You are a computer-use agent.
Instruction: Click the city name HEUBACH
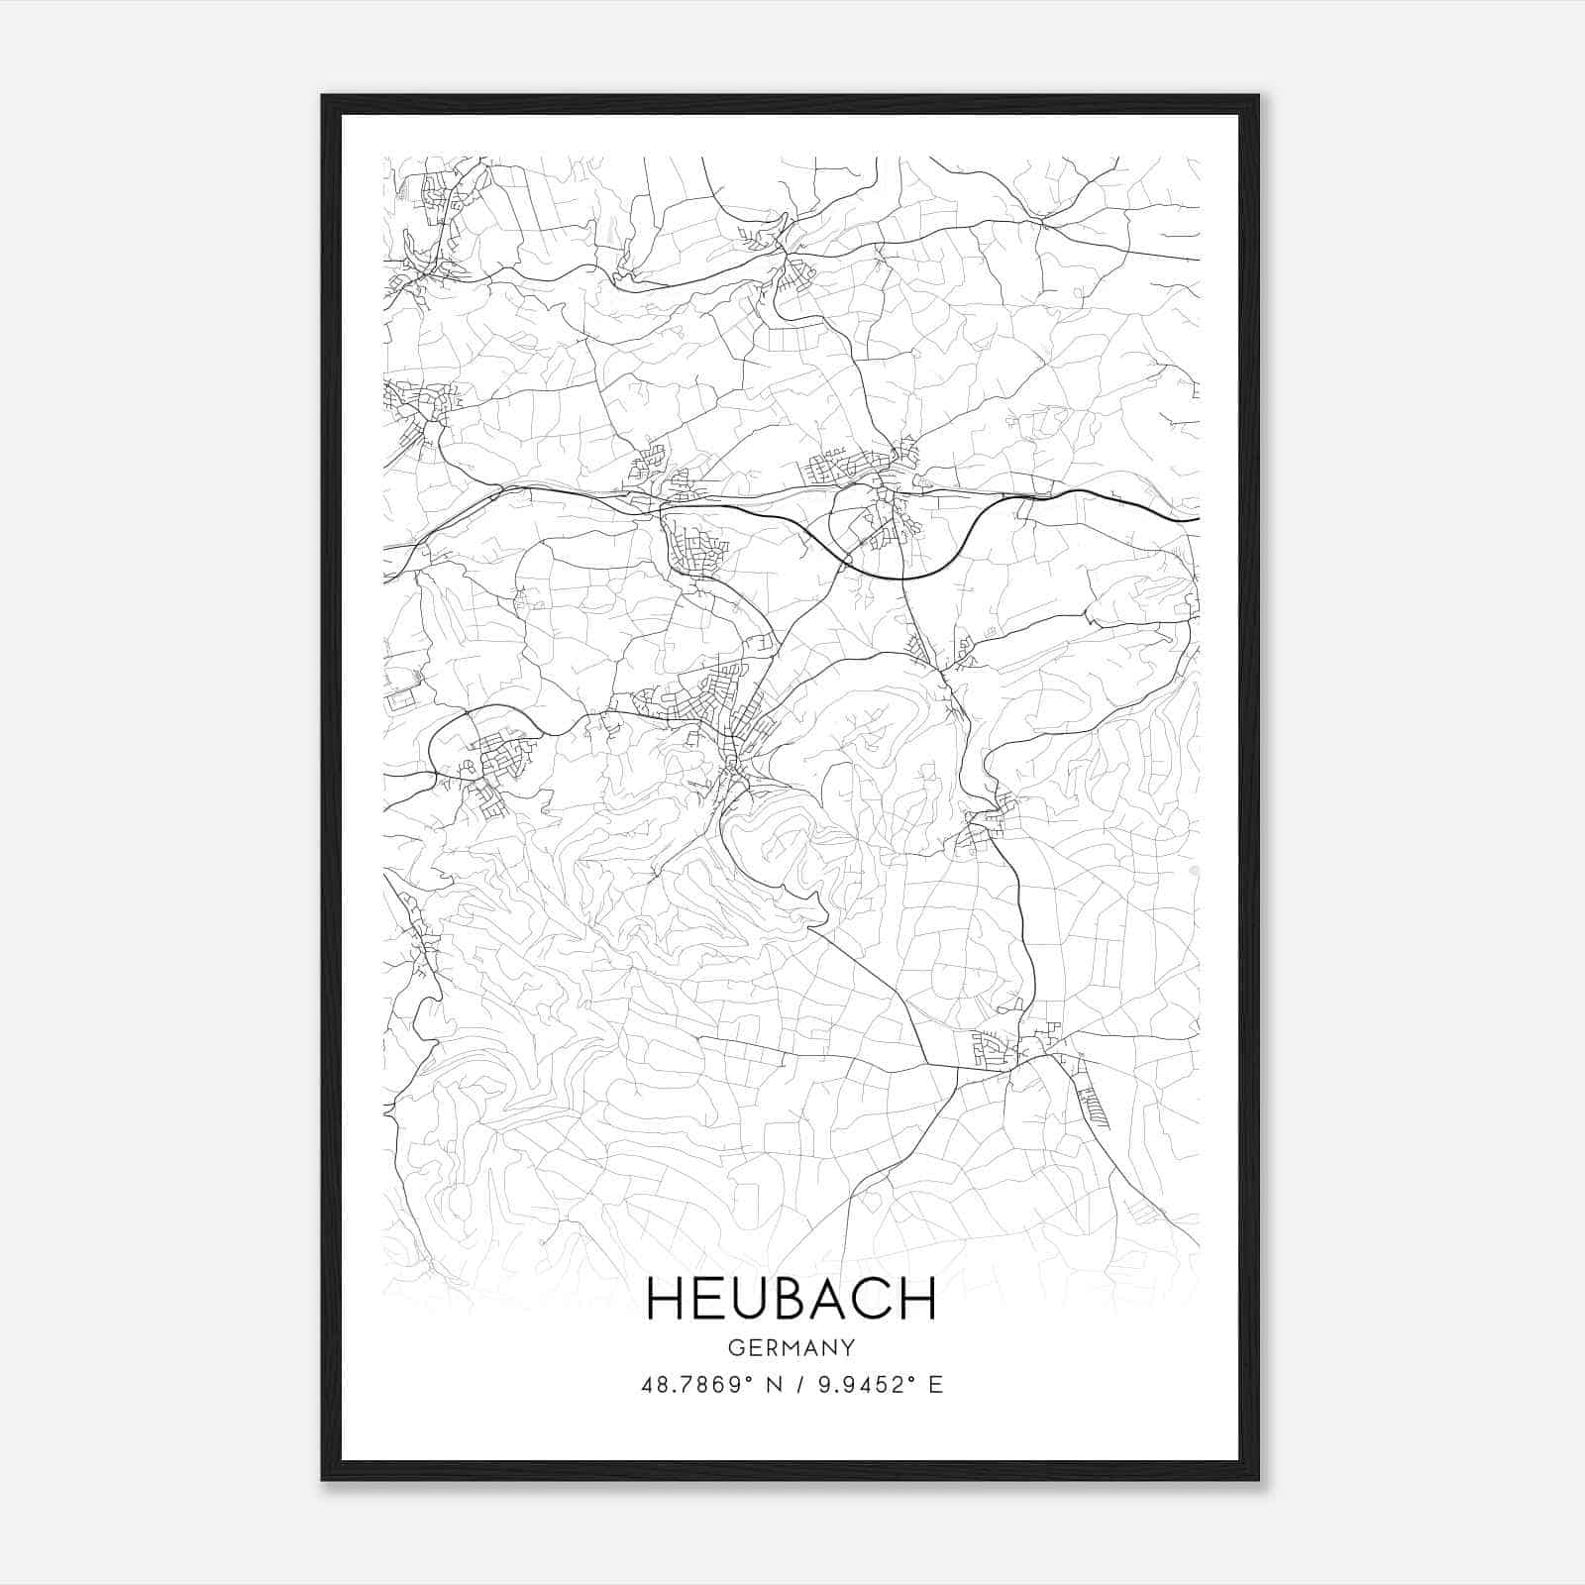tap(792, 1299)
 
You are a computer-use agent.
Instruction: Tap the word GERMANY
tap(792, 1347)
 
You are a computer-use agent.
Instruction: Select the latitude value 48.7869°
tap(695, 1385)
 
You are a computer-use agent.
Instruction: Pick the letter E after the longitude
tap(935, 1385)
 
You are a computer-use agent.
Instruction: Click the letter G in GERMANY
tap(734, 1347)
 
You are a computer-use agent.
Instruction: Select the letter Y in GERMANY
tap(849, 1347)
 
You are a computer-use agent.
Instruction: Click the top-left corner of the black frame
tap(323, 96)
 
